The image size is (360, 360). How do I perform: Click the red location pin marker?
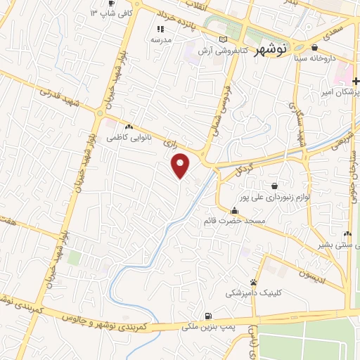181,166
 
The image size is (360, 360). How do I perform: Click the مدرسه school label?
161,40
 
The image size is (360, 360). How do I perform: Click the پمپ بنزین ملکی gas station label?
209,326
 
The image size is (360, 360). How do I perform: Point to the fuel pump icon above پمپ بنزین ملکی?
207,316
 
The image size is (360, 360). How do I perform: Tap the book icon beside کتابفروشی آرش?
224,39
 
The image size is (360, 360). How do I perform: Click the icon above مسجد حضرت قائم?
234,210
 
